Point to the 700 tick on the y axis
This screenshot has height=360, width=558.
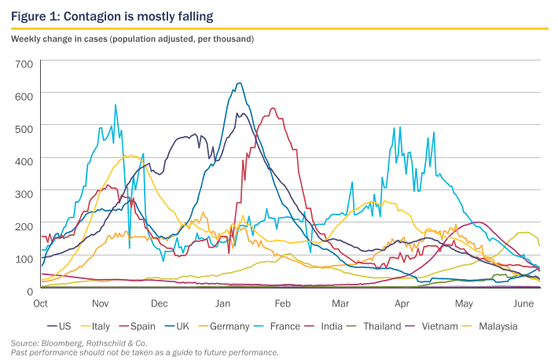tap(24, 64)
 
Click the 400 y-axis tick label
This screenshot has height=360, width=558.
tap(24, 160)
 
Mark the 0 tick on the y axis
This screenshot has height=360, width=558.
tap(29, 290)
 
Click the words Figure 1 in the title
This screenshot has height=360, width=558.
tap(35, 16)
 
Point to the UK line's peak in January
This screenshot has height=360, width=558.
tap(239, 83)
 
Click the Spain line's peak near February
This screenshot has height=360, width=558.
tap(273, 108)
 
